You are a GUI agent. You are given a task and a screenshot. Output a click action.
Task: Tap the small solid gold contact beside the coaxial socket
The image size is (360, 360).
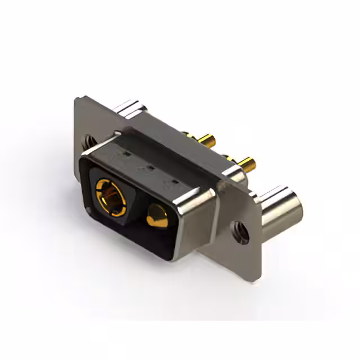pyautogui.click(x=157, y=216)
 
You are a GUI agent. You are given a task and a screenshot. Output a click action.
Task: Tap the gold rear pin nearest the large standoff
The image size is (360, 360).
pyautogui.click(x=246, y=164)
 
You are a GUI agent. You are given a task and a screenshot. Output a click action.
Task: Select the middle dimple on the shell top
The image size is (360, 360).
pyautogui.click(x=150, y=167)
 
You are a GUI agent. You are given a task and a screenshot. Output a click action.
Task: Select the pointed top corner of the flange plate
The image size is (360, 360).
pyautogui.click(x=78, y=99)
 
